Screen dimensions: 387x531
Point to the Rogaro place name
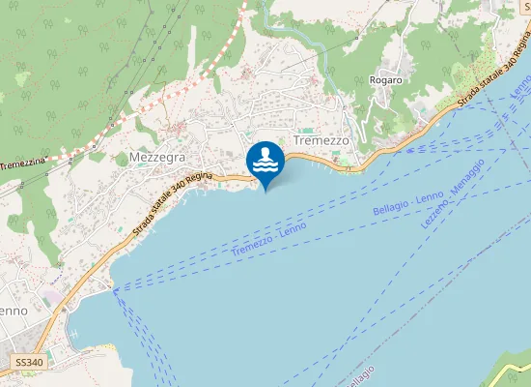pyautogui.click(x=385, y=80)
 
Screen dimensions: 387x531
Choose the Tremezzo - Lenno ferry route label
pyautogui.click(x=268, y=239)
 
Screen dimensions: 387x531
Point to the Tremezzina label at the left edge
pyautogui.click(x=24, y=165)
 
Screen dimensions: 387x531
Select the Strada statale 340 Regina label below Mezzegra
pyautogui.click(x=170, y=201)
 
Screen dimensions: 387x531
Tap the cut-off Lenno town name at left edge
pyautogui.click(x=13, y=311)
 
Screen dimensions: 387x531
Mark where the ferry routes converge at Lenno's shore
pyautogui.click(x=114, y=288)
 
